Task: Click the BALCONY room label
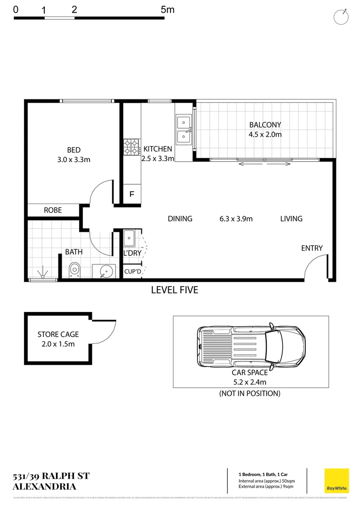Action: tap(265, 125)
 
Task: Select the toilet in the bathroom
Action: tap(75, 271)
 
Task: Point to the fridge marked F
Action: tap(131, 194)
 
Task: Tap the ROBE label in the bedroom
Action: tap(53, 210)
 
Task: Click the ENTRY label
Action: tap(312, 248)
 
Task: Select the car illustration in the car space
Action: tap(250, 346)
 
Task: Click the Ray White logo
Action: tap(337, 480)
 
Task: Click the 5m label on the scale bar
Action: tap(167, 9)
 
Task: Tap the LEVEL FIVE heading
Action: tap(174, 290)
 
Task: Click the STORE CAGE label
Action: tap(58, 335)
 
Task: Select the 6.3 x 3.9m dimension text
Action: tap(236, 219)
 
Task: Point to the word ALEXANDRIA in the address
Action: tap(45, 486)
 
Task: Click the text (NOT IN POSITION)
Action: tap(250, 393)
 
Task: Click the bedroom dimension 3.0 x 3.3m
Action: tap(74, 159)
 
